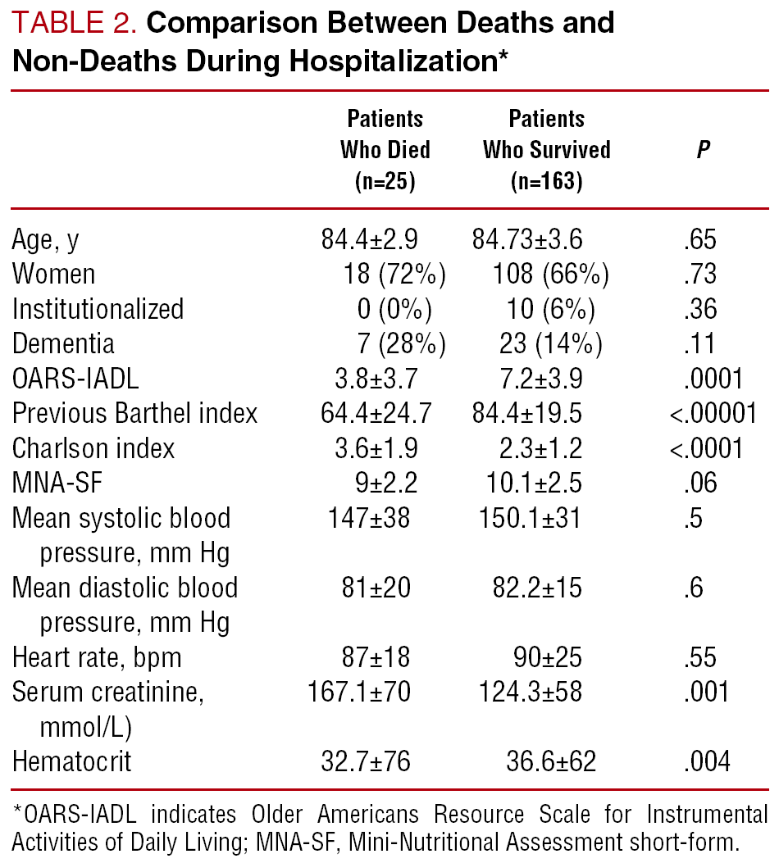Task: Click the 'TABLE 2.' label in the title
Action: point(72,23)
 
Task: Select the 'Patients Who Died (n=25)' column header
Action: point(385,149)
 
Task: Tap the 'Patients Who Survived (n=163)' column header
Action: point(547,149)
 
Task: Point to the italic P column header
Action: point(704,151)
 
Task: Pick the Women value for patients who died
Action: point(394,275)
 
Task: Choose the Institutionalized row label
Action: point(98,309)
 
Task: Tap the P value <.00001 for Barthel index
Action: point(713,413)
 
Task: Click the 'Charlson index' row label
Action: point(93,448)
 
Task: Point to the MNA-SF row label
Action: point(57,483)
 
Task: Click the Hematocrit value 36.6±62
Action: point(551,761)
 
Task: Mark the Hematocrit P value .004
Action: point(708,761)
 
